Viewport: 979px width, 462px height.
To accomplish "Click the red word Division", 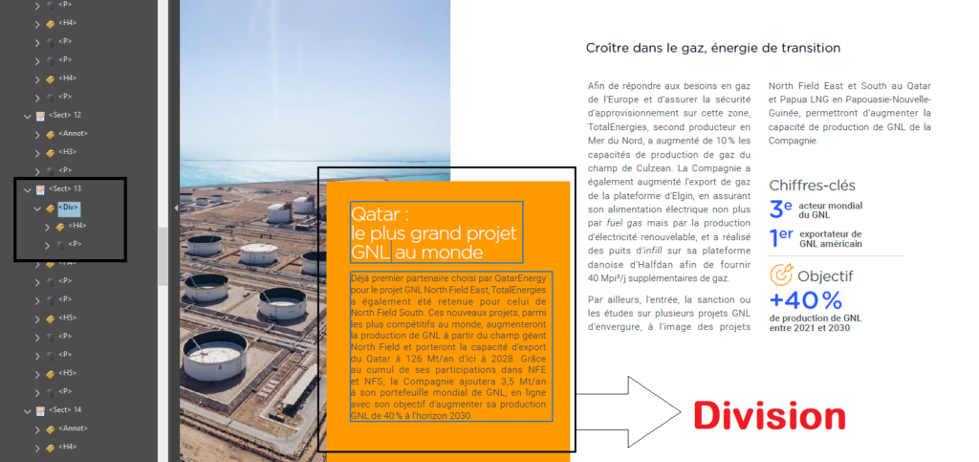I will pyautogui.click(x=769, y=415).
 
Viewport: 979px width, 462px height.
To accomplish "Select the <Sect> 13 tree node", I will pyautogui.click(x=64, y=188).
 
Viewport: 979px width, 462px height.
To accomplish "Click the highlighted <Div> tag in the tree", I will pyautogui.click(x=68, y=207).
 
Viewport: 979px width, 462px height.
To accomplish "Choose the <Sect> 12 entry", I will pyautogui.click(x=64, y=115).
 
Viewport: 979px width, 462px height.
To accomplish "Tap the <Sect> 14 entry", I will pyautogui.click(x=64, y=409).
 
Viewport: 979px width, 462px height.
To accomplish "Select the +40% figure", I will pyautogui.click(x=805, y=300).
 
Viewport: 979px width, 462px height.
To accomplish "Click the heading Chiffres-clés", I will pyautogui.click(x=812, y=186).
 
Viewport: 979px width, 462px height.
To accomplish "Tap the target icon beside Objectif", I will pyautogui.click(x=781, y=275).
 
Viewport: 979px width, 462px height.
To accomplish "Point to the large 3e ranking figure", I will pyautogui.click(x=780, y=209).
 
